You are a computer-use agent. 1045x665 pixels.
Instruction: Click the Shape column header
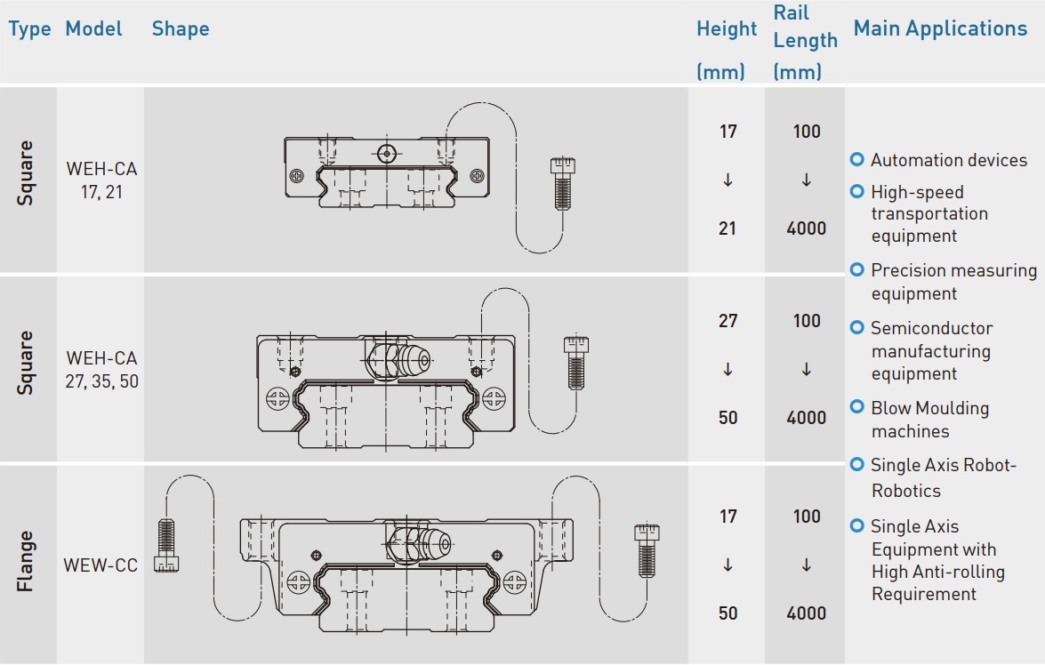[181, 28]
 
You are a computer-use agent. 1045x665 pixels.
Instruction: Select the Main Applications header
[940, 28]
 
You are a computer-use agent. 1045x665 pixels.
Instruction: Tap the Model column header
[94, 28]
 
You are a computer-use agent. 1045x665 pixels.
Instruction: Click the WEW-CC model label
[100, 565]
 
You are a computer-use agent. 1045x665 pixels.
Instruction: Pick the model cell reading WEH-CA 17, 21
[101, 179]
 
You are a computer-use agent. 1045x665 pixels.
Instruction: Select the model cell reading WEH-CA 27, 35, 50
[101, 371]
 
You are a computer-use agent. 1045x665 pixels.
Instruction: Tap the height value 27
[727, 321]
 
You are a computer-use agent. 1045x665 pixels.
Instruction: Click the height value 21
[727, 228]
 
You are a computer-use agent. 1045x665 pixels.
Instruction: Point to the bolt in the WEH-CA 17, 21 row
[561, 183]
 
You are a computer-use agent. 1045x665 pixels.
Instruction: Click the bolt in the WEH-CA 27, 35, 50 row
[576, 362]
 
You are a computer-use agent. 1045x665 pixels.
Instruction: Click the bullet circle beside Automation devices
[857, 160]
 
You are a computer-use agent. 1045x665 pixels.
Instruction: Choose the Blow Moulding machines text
[929, 420]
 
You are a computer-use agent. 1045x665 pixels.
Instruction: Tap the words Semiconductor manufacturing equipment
[930, 351]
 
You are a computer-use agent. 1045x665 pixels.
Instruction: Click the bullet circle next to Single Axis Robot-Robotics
[857, 465]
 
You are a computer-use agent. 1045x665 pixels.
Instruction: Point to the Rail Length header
[805, 27]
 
